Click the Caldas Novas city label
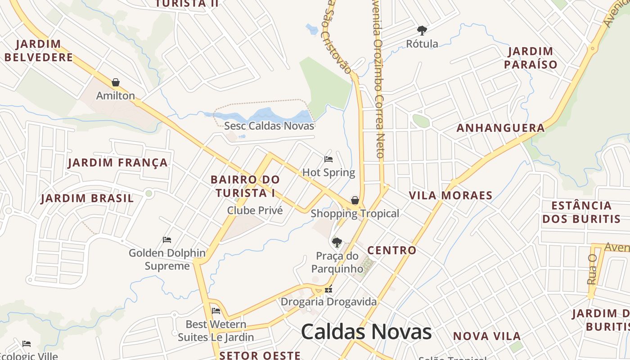366,332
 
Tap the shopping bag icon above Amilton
116,82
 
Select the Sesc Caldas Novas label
269,126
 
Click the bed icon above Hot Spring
328,159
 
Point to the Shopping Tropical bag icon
355,200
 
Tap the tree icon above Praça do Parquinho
337,243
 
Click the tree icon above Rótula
422,31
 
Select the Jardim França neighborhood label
118,162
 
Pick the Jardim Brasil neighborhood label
87,198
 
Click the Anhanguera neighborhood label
500,128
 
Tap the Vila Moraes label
450,195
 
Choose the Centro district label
392,250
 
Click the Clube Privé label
255,210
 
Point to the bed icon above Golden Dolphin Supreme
167,240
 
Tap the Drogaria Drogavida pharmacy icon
328,290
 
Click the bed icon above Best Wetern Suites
216,311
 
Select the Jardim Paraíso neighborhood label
531,58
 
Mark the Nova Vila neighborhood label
487,336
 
